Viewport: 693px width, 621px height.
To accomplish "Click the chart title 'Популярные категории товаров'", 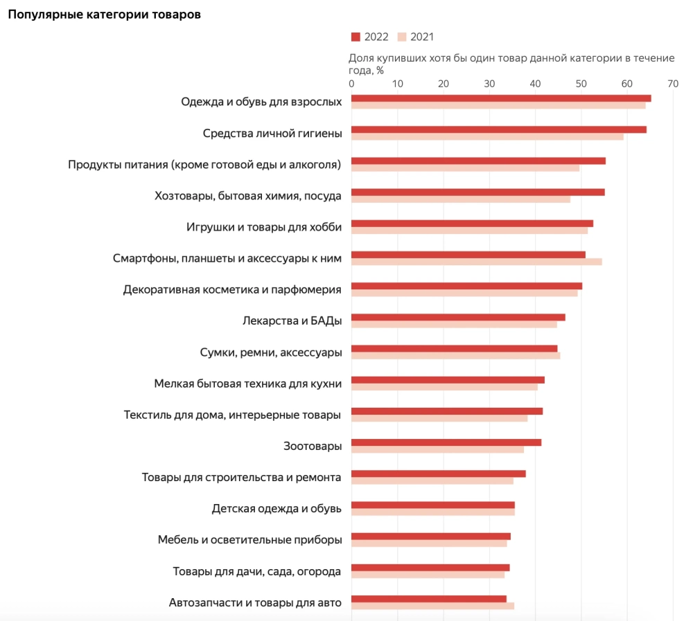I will pos(105,15).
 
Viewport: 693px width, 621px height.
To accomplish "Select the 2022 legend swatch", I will pos(356,37).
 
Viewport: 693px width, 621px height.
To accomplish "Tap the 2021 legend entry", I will pos(416,37).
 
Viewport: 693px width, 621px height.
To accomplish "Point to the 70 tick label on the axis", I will pos(672,84).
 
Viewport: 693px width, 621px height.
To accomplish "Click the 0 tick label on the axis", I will pos(352,84).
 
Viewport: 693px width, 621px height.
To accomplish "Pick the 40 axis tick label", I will pos(535,84).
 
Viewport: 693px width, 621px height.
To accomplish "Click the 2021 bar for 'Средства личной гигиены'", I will pos(487,136).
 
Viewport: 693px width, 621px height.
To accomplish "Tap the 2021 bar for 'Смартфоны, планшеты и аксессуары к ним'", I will pos(477,262).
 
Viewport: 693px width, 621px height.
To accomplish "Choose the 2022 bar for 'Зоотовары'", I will pos(446,442).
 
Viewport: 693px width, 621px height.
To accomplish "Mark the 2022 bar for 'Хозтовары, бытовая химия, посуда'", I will pos(478,192).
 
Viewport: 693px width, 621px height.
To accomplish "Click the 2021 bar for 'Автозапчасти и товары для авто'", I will pos(432,606).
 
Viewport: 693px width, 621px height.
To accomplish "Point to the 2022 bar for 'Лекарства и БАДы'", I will pos(458,317).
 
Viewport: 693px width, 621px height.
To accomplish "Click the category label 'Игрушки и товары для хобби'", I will pos(264,227).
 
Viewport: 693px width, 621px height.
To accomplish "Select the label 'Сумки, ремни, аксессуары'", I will pos(271,352).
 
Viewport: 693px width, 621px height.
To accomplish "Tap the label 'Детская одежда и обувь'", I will pos(277,509).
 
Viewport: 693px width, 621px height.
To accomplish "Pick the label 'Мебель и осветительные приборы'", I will pos(249,540).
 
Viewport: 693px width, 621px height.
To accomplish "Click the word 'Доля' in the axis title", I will pos(361,58).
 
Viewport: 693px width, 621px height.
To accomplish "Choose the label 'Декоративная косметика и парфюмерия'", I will pos(232,289).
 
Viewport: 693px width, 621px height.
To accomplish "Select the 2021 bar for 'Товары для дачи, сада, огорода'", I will pos(428,575).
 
